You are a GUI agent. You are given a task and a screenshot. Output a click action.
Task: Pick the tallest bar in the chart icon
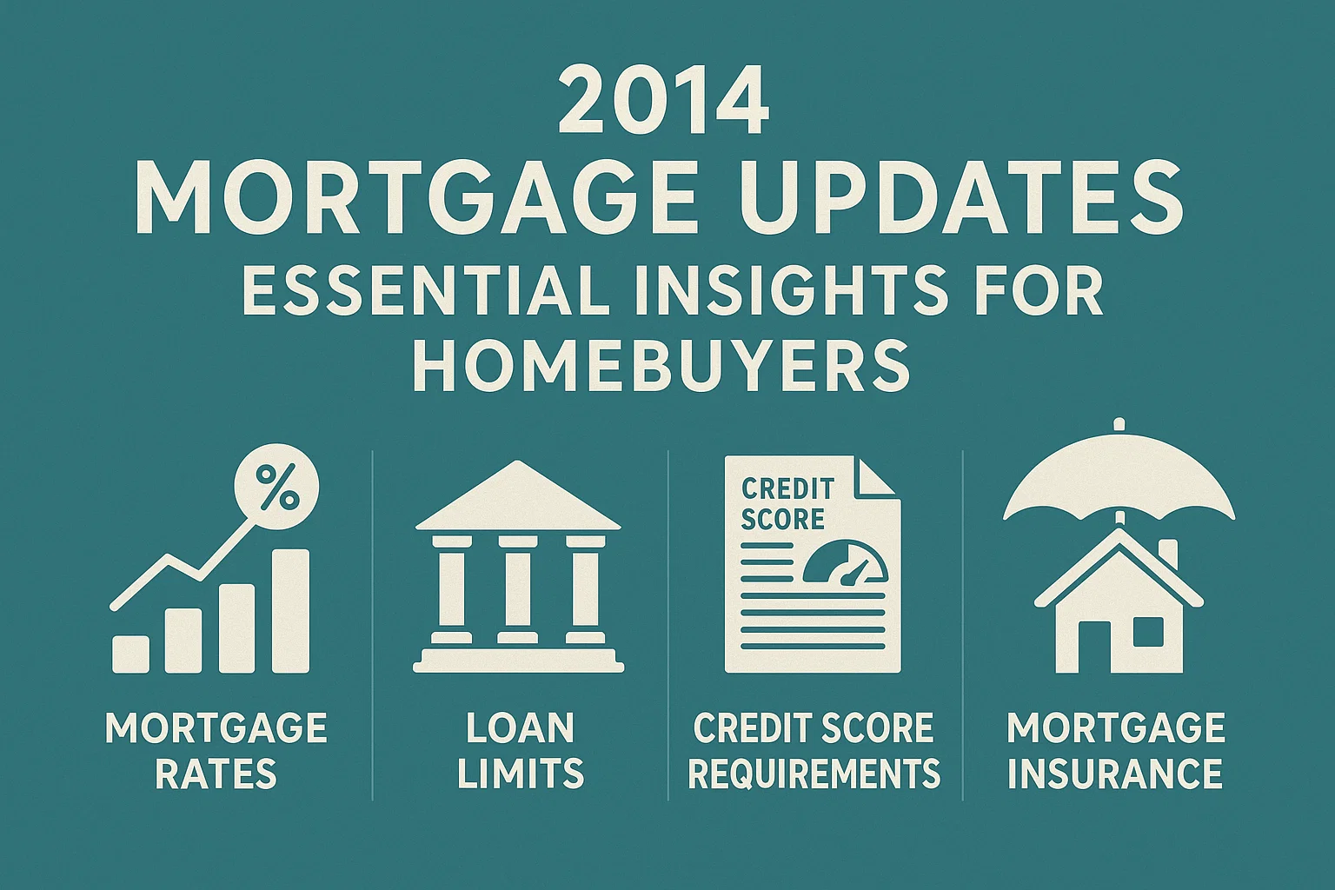pos(290,611)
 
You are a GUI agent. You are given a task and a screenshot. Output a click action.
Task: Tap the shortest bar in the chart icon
pos(131,654)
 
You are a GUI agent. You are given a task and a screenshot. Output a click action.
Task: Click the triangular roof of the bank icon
pos(519,501)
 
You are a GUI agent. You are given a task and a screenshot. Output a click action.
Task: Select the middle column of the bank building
pos(519,588)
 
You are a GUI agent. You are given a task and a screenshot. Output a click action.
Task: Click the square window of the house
pos(1148,632)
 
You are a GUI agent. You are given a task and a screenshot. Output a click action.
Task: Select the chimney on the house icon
pos(1168,555)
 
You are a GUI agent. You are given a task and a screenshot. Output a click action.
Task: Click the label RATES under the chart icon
pos(216,774)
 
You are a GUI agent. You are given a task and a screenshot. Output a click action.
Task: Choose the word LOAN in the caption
pos(520,728)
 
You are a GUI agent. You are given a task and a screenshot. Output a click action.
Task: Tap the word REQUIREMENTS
pos(814,774)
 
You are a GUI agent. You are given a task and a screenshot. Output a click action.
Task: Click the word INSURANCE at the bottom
pos(1115,774)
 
